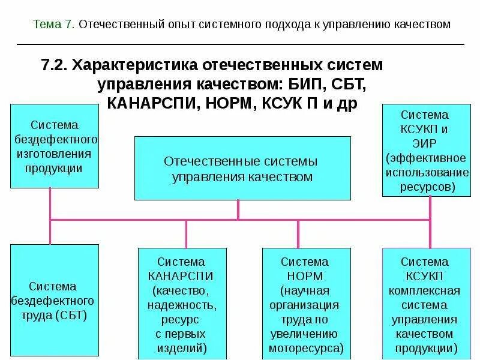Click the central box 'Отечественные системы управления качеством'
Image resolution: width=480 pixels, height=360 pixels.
tap(242, 169)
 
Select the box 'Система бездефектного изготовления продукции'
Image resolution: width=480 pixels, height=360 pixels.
tap(55, 146)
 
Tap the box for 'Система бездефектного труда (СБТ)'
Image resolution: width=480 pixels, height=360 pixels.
tap(55, 299)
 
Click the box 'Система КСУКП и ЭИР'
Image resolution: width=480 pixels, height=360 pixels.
tap(425, 150)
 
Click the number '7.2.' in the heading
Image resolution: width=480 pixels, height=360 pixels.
tap(54, 64)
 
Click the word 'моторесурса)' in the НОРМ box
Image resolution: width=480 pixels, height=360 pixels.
tap(306, 347)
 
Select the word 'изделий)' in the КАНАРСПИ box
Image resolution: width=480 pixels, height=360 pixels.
tap(181, 347)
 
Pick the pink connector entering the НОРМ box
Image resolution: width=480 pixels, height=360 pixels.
tap(298, 233)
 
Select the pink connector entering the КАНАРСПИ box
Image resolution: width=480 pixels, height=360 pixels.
tap(186, 233)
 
